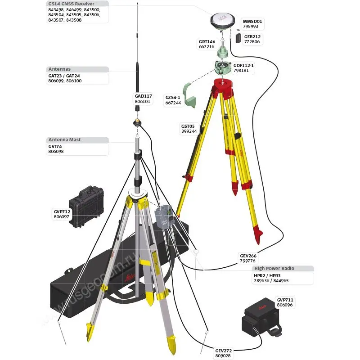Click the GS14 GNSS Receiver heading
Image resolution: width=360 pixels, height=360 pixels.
click(x=71, y=4)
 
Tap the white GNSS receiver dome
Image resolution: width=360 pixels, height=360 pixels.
click(x=222, y=20)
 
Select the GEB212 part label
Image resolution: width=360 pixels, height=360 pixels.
click(x=252, y=37)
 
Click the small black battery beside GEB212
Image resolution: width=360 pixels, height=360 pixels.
click(x=238, y=38)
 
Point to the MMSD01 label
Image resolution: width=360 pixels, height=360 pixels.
click(x=252, y=21)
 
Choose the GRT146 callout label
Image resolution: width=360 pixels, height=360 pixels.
click(x=207, y=41)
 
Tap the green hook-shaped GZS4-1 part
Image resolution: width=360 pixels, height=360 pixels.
click(x=189, y=95)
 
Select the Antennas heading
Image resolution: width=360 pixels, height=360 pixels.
click(x=59, y=69)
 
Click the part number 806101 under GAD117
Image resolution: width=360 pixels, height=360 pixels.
click(x=142, y=102)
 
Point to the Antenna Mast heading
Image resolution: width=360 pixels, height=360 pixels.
click(x=64, y=139)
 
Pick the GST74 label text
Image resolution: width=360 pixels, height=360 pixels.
click(x=55, y=147)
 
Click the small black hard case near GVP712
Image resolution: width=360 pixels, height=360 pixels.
click(x=86, y=206)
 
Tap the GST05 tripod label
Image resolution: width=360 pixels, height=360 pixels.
click(x=188, y=126)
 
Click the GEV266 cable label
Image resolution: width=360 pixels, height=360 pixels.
click(x=248, y=256)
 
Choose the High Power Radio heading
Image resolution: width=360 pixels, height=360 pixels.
click(x=274, y=268)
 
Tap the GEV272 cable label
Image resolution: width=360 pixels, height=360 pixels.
click(x=223, y=351)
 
